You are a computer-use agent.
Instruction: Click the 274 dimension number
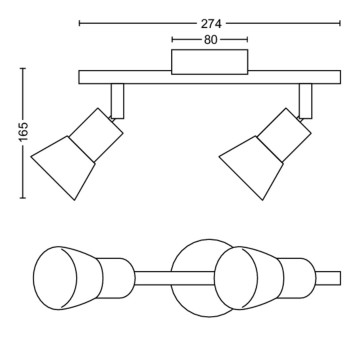tap(211, 24)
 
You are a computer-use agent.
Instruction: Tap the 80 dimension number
tap(210, 40)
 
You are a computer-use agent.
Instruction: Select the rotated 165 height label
tap(24, 132)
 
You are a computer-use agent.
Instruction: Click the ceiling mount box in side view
tap(210, 62)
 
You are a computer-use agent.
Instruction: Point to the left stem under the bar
tap(118, 101)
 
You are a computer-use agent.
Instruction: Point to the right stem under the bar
tap(306, 101)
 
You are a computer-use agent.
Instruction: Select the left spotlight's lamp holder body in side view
tap(96, 135)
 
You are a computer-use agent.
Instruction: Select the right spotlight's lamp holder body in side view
tap(284, 135)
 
